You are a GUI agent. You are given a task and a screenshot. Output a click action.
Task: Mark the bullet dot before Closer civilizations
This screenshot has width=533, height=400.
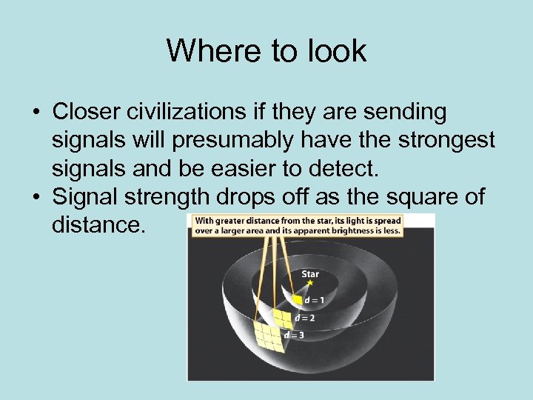point(35,113)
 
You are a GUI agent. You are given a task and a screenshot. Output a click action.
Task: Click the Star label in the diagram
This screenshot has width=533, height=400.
point(311,273)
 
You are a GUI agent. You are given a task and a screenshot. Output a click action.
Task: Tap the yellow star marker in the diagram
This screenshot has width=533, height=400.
point(310,283)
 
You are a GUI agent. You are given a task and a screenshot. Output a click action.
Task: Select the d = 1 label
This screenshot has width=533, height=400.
point(315,299)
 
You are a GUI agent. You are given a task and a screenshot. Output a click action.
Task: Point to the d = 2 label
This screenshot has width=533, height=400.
point(304,318)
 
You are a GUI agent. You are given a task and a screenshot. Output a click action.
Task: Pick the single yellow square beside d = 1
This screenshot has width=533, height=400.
point(297,300)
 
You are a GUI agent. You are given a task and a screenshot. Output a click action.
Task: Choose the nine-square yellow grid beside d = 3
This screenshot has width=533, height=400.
point(267,337)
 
